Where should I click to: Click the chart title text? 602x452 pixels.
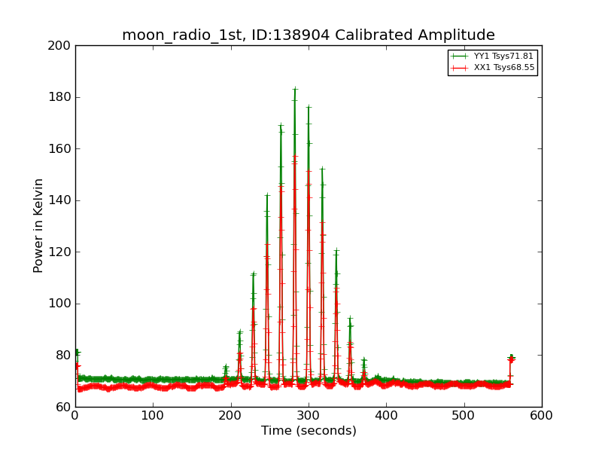309,35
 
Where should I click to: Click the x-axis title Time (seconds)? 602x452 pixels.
309,431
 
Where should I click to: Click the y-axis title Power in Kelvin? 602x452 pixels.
38,225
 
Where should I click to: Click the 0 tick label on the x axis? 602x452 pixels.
75,414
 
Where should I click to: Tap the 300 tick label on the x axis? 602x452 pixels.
309,414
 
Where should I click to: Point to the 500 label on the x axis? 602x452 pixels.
464,414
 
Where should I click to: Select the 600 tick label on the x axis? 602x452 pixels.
542,414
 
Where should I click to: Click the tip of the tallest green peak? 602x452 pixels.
295,89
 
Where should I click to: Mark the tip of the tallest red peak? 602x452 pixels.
295,156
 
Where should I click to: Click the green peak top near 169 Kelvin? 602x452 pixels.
281,125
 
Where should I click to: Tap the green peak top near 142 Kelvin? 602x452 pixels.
267,195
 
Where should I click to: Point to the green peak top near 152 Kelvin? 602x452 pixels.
322,169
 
